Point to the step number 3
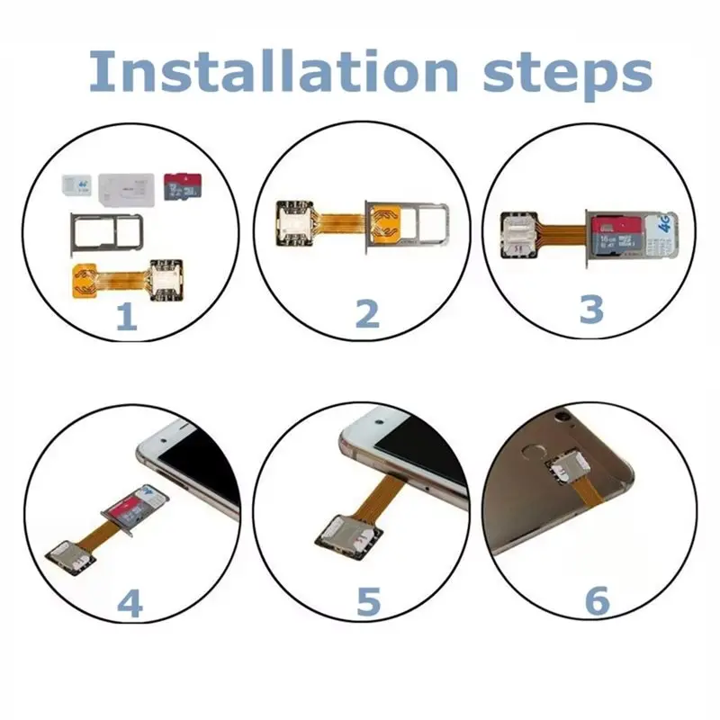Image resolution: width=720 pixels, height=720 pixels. [x=590, y=309]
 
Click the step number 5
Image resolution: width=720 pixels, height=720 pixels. [x=367, y=602]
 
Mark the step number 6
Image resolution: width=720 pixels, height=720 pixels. [x=597, y=602]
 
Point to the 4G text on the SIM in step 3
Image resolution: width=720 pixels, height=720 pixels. [x=666, y=222]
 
